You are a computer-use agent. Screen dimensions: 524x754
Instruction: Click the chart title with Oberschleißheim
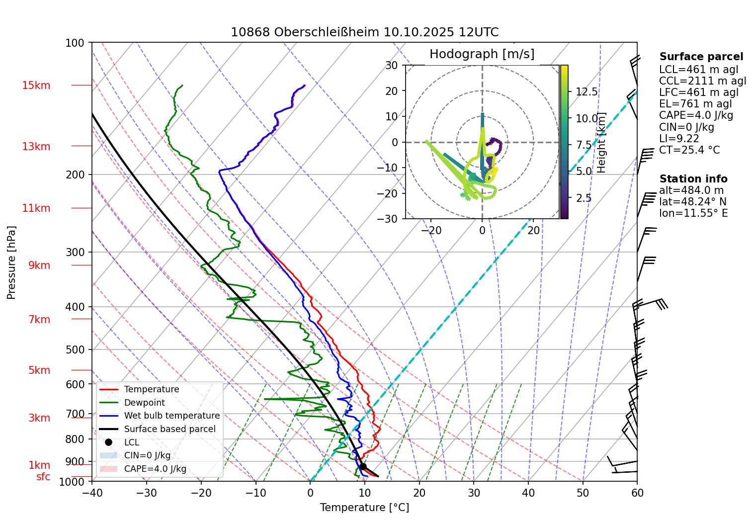pyautogui.click(x=364, y=32)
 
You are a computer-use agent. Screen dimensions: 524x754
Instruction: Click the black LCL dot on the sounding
pyautogui.click(x=363, y=466)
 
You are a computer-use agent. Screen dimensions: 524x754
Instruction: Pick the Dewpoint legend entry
pyautogui.click(x=144, y=403)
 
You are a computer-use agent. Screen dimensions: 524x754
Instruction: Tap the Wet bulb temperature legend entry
pyautogui.click(x=171, y=416)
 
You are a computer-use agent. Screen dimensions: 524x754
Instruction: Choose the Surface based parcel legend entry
pyautogui.click(x=169, y=429)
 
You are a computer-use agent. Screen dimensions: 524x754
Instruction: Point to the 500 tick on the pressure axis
pyautogui.click(x=75, y=349)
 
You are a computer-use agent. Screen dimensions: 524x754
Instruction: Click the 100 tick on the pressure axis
pyautogui.click(x=75, y=43)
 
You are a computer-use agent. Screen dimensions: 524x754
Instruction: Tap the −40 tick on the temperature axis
pyautogui.click(x=92, y=493)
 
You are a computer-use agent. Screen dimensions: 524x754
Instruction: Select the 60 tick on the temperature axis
pyautogui.click(x=637, y=493)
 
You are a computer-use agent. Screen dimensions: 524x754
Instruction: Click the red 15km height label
pyautogui.click(x=36, y=86)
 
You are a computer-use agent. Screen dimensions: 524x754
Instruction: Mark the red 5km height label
pyautogui.click(x=39, y=370)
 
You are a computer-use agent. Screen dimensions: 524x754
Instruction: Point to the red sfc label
pyautogui.click(x=43, y=477)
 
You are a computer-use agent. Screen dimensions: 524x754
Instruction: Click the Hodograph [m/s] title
pyautogui.click(x=482, y=54)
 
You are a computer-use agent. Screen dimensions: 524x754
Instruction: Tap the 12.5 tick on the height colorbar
pyautogui.click(x=586, y=92)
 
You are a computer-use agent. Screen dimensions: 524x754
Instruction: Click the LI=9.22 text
pyautogui.click(x=679, y=139)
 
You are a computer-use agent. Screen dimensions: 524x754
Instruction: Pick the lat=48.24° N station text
pyautogui.click(x=692, y=202)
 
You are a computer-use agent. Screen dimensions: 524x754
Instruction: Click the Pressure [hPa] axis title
pyautogui.click(x=11, y=262)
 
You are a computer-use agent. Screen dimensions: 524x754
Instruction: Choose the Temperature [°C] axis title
pyautogui.click(x=364, y=508)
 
